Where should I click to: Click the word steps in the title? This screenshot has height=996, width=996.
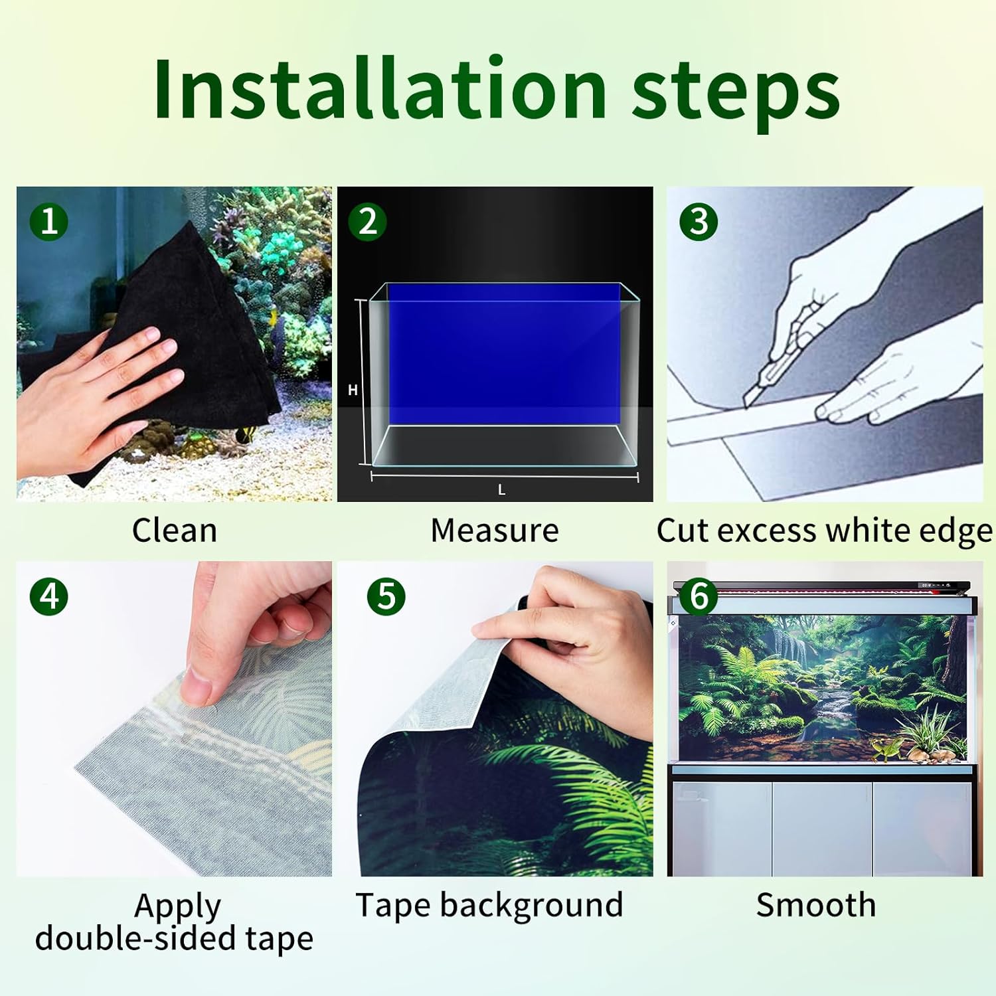736,93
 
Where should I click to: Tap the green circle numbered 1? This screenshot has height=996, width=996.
49,221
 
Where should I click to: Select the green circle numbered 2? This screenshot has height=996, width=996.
367,221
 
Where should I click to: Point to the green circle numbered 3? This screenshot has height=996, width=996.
699,221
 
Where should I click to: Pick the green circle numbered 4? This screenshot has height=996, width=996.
49,596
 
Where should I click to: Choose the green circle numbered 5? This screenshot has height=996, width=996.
386,596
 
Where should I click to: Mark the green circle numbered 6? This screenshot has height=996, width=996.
699,596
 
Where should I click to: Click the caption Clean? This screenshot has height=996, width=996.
175,531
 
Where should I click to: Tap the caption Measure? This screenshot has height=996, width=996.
495,531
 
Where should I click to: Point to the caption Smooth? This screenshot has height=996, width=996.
816,905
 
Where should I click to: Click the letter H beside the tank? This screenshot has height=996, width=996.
353,390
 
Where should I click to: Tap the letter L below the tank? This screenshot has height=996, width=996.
501,490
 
